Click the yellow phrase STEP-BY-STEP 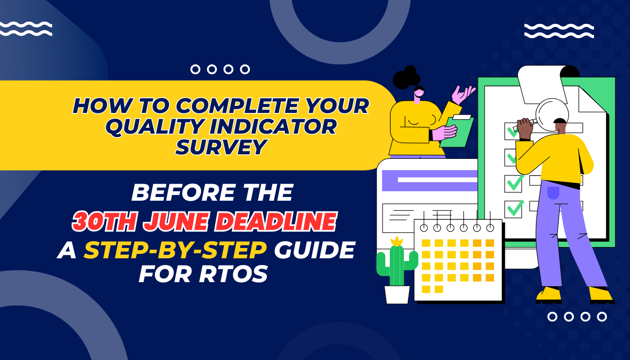pyautogui.click(x=175, y=250)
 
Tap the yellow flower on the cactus pyautogui.click(x=396, y=242)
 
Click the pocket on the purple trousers pyautogui.click(x=553, y=193)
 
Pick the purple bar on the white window pyautogui.click(x=430, y=180)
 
